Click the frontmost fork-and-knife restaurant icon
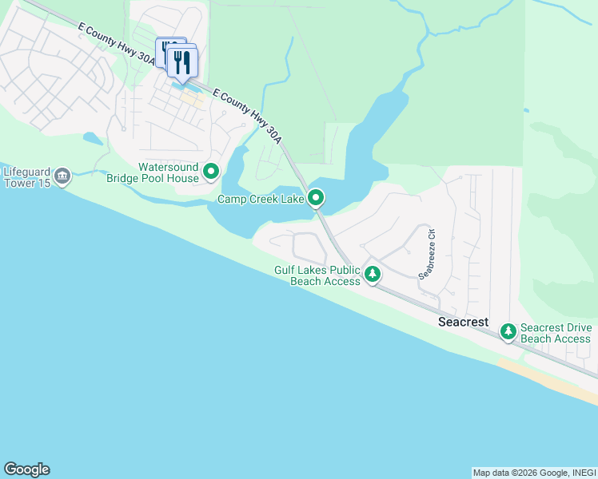coord(183,62)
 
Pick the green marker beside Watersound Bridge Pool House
coord(211,172)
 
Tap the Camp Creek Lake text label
coord(261,198)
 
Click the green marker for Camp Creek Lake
coord(317,197)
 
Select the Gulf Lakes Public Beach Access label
coord(317,275)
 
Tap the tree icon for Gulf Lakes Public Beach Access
coord(372,275)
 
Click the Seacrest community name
coord(463,322)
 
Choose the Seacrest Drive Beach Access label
coord(556,333)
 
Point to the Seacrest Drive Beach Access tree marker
coord(508,331)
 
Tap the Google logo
coord(26,469)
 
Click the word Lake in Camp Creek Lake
coord(291,198)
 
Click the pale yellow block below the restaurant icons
coord(192,100)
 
